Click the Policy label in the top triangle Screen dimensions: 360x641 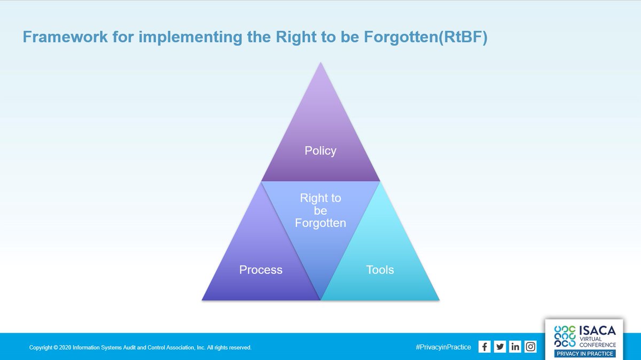click(x=320, y=151)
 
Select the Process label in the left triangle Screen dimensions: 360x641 click(x=261, y=270)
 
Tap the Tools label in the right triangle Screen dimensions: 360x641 click(x=380, y=270)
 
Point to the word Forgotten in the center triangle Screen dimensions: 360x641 click(x=320, y=223)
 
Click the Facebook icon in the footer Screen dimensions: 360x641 click(x=484, y=347)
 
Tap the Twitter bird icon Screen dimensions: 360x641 click(x=500, y=347)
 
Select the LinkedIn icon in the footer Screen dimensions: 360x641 click(x=515, y=347)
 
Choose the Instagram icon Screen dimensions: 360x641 click(x=530, y=347)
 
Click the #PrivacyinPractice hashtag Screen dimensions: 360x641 click(x=443, y=347)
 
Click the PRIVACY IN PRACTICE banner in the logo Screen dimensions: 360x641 click(x=585, y=354)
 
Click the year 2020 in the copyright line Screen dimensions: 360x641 click(x=66, y=348)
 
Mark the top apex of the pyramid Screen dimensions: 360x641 click(x=320, y=63)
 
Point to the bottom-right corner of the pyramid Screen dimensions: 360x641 click(x=439, y=300)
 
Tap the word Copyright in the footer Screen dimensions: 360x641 click(x=41, y=348)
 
